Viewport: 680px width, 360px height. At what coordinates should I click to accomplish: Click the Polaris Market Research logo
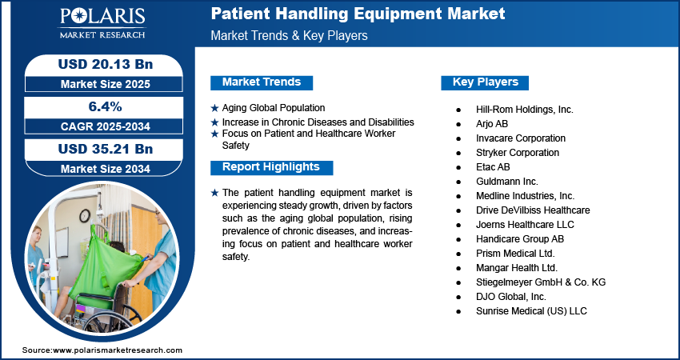click(x=102, y=23)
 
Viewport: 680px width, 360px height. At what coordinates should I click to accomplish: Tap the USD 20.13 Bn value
click(x=106, y=64)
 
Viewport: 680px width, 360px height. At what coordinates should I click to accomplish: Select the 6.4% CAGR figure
click(x=105, y=106)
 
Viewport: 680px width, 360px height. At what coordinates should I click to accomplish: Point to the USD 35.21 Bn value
click(x=106, y=149)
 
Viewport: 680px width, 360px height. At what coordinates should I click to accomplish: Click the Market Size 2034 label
click(x=106, y=169)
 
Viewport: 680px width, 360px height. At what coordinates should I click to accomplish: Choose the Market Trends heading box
click(x=262, y=82)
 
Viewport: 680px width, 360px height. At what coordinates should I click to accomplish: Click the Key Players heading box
click(x=485, y=82)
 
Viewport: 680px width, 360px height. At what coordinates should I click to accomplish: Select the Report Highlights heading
click(x=271, y=167)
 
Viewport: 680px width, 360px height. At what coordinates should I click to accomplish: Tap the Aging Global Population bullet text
click(x=274, y=107)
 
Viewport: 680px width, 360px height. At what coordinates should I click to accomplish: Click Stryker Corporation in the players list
click(x=518, y=153)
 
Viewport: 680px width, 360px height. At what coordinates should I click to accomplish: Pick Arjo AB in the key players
click(x=492, y=124)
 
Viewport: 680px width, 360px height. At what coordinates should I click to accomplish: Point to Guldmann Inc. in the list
click(x=507, y=182)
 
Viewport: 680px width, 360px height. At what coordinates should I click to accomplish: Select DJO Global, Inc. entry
click(x=511, y=297)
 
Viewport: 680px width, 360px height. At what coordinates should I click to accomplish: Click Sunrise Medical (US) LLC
click(x=531, y=311)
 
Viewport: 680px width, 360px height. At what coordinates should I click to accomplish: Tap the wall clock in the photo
click(x=85, y=215)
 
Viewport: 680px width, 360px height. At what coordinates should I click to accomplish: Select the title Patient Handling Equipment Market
click(x=358, y=14)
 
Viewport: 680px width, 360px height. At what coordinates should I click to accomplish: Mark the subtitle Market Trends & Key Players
click(x=289, y=35)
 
